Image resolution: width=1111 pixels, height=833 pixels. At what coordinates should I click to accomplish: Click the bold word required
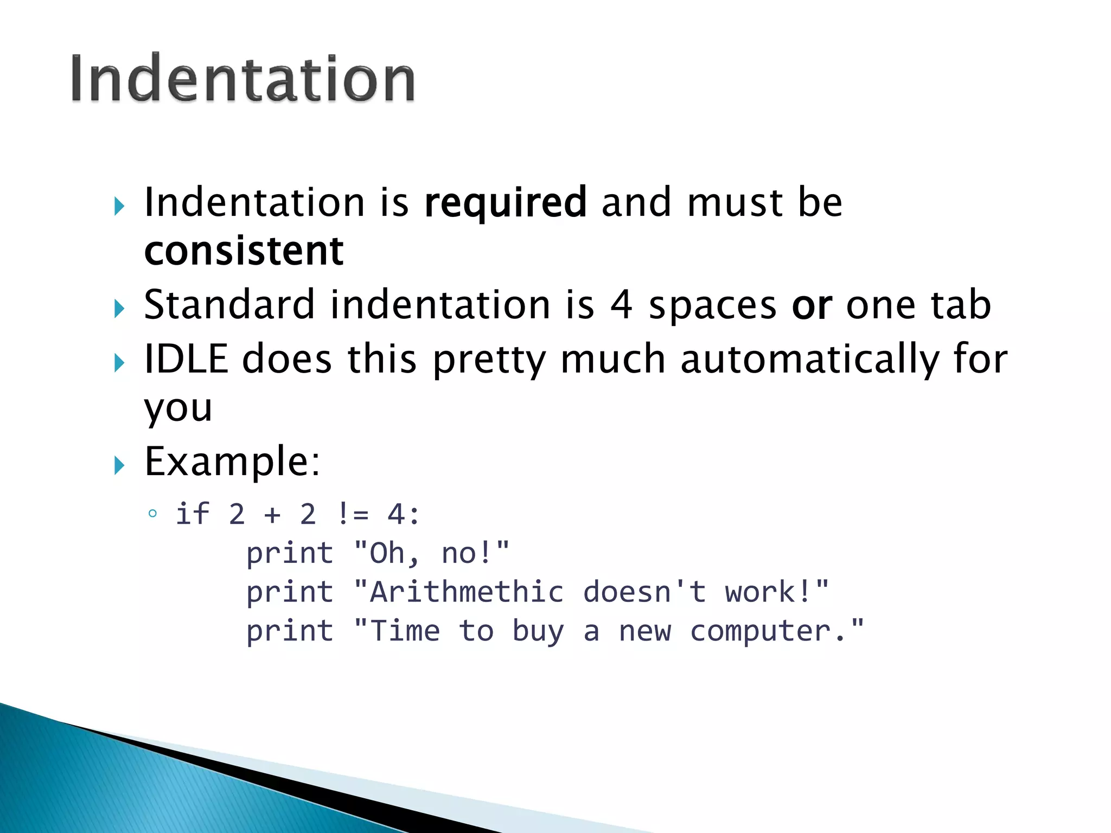(x=505, y=202)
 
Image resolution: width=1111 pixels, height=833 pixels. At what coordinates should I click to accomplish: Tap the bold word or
(x=812, y=305)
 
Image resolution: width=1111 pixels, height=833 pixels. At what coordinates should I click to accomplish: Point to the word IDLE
(x=186, y=359)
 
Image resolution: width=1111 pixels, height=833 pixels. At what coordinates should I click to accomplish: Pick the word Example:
(x=232, y=462)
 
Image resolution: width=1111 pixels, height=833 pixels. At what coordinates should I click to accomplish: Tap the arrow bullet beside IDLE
(x=119, y=363)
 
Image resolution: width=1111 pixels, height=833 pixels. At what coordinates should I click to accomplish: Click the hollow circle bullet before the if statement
(x=152, y=513)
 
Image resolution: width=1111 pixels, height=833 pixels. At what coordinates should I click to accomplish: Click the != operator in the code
(x=353, y=514)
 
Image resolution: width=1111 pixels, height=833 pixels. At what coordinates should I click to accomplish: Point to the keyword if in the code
(x=193, y=514)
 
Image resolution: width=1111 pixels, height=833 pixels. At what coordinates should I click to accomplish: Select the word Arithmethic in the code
(x=467, y=592)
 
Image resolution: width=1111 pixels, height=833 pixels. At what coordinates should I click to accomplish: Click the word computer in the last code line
(x=760, y=631)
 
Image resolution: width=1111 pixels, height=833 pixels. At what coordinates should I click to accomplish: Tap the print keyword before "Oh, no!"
(x=290, y=553)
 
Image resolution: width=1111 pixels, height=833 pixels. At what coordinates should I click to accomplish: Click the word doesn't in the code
(x=644, y=592)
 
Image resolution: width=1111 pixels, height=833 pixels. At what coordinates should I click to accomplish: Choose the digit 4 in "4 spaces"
(x=621, y=305)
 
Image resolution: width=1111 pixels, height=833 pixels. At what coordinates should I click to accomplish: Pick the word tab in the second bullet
(x=961, y=305)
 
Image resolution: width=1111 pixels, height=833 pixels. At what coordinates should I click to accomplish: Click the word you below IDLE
(x=178, y=408)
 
